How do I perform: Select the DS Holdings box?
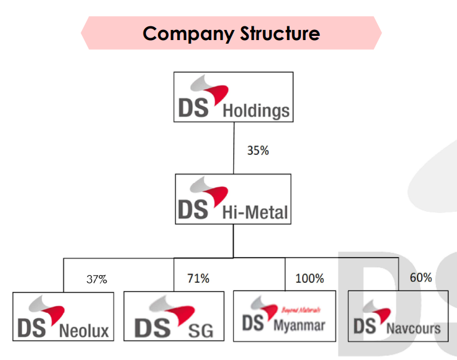click(233, 97)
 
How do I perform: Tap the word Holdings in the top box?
click(255, 111)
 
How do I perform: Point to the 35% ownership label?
click(258, 151)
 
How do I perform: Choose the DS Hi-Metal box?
click(233, 199)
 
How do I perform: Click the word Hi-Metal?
click(255, 212)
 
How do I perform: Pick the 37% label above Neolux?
click(96, 279)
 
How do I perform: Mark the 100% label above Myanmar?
click(310, 278)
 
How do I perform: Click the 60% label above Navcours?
click(421, 277)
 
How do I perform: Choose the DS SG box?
click(173, 316)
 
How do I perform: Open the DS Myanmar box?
click(285, 316)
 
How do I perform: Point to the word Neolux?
click(84, 330)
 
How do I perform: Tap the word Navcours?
click(413, 328)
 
